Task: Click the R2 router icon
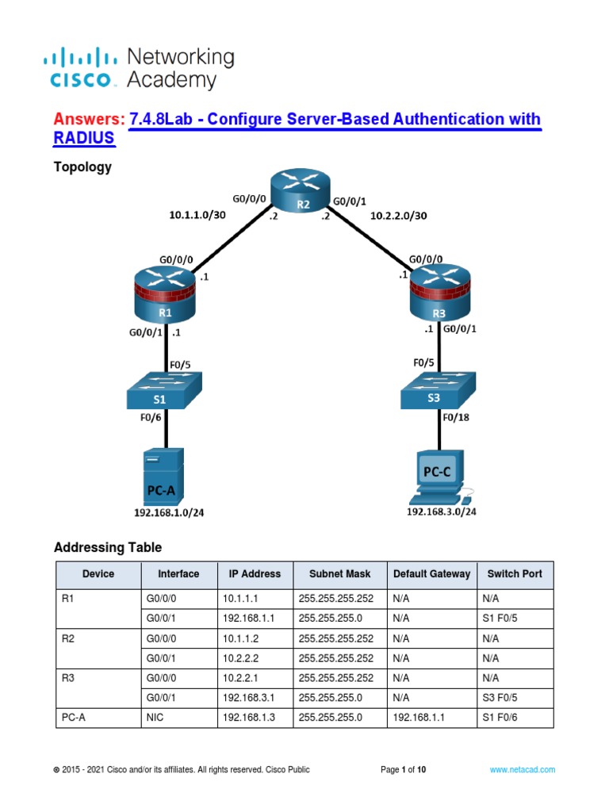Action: [x=302, y=193]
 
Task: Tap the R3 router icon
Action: [x=439, y=293]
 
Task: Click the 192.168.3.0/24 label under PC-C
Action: [x=442, y=512]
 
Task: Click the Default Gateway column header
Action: [x=431, y=574]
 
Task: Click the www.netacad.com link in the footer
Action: [x=522, y=769]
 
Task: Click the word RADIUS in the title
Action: [x=84, y=139]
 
